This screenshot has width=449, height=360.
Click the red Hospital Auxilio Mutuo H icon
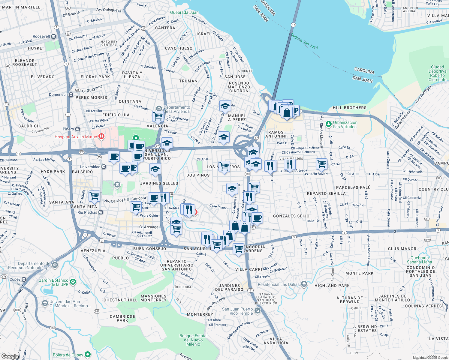(x=101, y=137)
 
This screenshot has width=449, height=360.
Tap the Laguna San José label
(x=305, y=41)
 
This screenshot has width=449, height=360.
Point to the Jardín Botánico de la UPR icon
(x=73, y=282)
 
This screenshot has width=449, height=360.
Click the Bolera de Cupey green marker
(x=88, y=355)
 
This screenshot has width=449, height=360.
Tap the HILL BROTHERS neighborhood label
(x=349, y=108)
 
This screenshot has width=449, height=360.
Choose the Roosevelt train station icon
(x=54, y=36)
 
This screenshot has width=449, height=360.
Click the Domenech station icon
(x=71, y=94)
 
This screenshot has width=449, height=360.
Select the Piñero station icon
(x=78, y=129)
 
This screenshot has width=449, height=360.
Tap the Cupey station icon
(x=24, y=279)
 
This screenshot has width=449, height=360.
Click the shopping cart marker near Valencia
(x=158, y=115)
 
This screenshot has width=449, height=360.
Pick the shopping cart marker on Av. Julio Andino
(x=321, y=164)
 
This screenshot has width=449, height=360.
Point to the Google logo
(x=10, y=356)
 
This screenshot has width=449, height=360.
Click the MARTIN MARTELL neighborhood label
(x=21, y=7)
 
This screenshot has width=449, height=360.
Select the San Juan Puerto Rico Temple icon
(x=258, y=311)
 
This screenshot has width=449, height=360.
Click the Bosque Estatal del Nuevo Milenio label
(x=193, y=340)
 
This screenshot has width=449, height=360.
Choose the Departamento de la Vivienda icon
(x=159, y=108)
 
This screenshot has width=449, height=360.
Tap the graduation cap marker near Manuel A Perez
(x=225, y=106)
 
